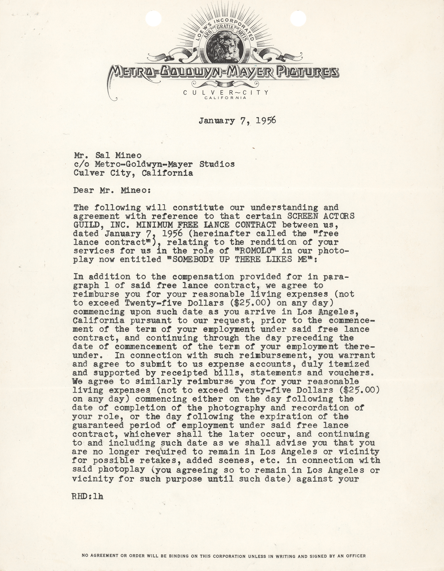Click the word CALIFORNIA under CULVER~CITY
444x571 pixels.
[225, 98]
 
